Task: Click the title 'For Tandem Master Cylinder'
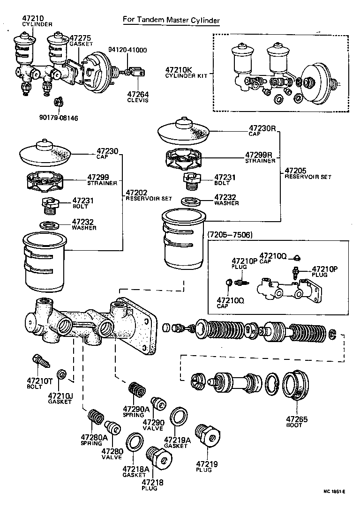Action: (x=171, y=20)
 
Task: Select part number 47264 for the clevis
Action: (x=138, y=94)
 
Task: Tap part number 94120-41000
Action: (x=127, y=50)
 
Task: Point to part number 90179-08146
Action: (x=58, y=118)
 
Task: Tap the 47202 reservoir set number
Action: (x=136, y=192)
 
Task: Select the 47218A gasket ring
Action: (x=135, y=443)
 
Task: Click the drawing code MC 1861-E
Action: (x=333, y=492)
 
